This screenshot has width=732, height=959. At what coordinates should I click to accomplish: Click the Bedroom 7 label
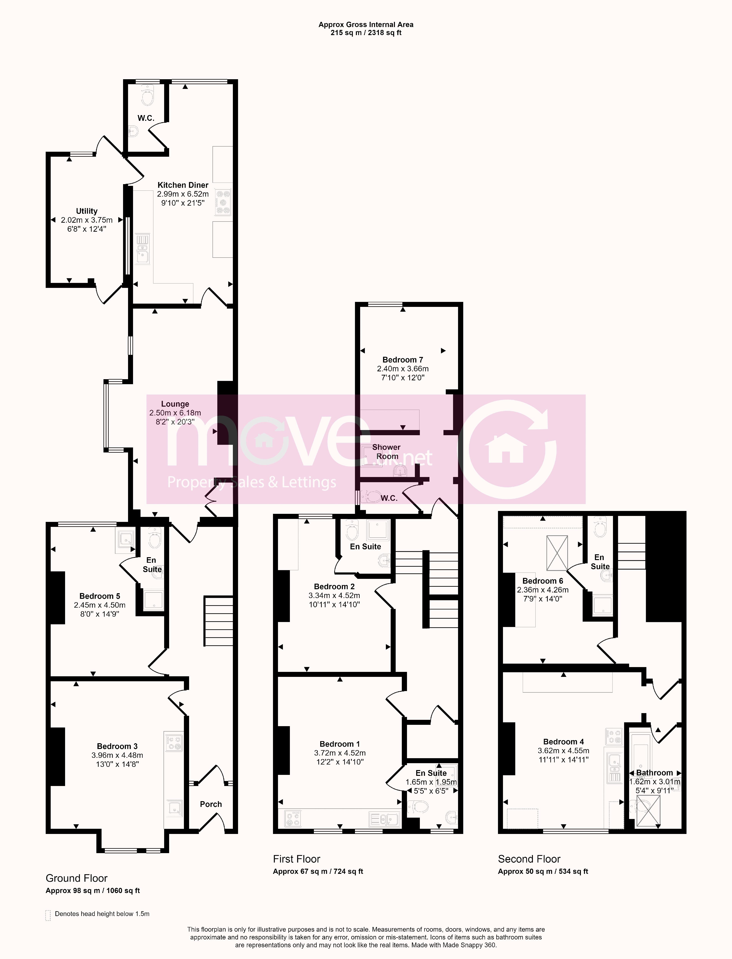[403, 360]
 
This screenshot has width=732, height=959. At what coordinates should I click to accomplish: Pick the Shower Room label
[386, 451]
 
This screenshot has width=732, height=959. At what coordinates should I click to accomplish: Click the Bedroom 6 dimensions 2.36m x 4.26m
[543, 590]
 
